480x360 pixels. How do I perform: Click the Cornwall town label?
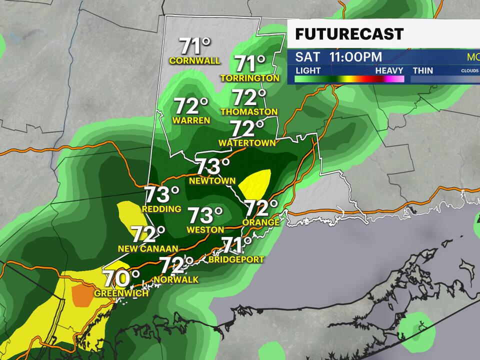[x=194, y=61]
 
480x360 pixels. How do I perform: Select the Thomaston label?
[x=248, y=111]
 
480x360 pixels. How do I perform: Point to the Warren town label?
[x=191, y=120]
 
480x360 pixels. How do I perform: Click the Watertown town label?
[x=247, y=143]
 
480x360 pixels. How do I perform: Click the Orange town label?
[x=260, y=221]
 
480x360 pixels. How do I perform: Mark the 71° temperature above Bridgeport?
[x=236, y=245]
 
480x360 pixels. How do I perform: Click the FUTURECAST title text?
[x=349, y=34]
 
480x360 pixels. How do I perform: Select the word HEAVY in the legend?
[x=389, y=70]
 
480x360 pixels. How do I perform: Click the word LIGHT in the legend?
[x=308, y=70]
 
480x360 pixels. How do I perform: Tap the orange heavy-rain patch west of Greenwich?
[x=82, y=295]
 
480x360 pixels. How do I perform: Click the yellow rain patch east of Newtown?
[x=255, y=183]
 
